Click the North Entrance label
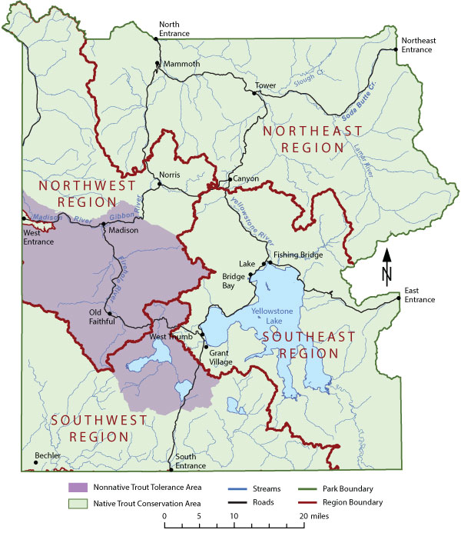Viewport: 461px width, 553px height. (x=174, y=28)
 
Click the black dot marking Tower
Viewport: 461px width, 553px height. (x=254, y=93)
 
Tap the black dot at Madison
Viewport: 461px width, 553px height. (x=104, y=224)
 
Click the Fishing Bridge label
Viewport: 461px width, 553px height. (x=298, y=255)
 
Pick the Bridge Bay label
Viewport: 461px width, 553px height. (x=234, y=281)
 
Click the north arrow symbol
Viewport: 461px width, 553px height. (x=387, y=265)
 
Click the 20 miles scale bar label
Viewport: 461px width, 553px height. (x=313, y=516)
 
